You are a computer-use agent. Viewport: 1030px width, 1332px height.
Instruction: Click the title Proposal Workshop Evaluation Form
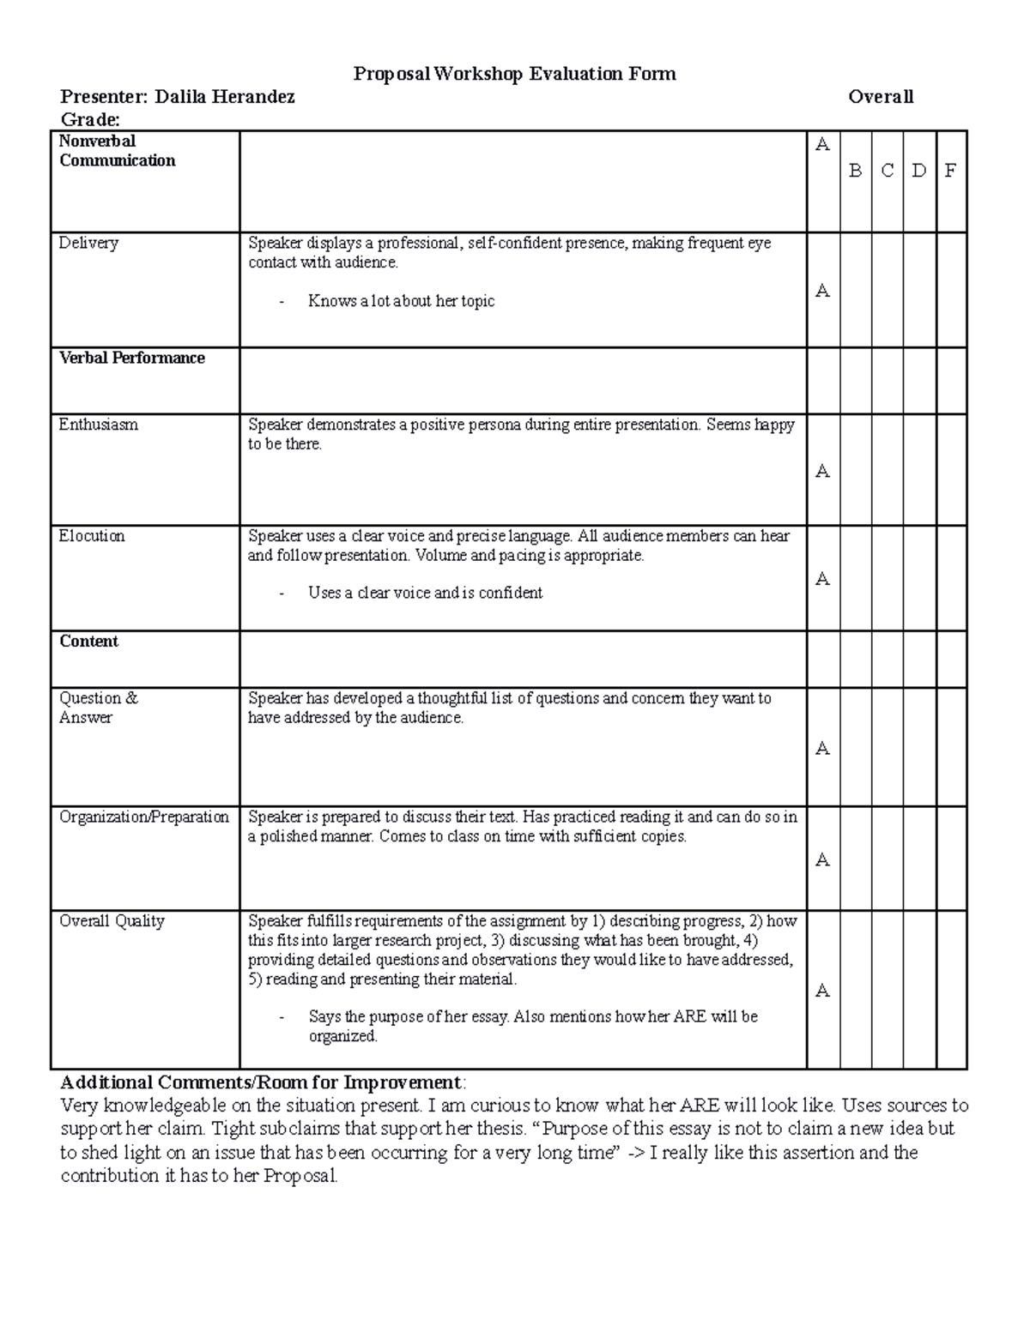pos(514,74)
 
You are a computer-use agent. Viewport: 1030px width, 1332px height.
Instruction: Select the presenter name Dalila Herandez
pos(224,97)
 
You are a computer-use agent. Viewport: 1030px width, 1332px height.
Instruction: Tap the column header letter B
pos(855,171)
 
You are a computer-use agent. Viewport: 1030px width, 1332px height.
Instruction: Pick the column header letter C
pos(887,171)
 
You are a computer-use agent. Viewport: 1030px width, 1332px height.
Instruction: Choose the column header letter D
pos(918,171)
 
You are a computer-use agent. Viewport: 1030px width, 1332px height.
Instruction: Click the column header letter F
pos(949,171)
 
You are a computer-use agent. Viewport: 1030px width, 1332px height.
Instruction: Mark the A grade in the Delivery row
pos(822,291)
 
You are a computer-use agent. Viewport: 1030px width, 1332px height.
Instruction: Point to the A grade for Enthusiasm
pos(822,471)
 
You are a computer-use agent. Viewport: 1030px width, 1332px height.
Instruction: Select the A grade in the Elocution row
pos(822,579)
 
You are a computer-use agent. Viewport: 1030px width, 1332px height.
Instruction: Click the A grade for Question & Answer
pos(822,749)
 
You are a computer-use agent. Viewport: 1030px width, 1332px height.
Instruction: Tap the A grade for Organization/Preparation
pos(822,860)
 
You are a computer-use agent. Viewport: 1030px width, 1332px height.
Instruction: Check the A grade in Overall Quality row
pos(822,991)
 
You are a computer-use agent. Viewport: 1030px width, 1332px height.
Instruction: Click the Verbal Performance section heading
pos(131,358)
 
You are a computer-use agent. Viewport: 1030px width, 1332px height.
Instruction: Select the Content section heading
pos(88,642)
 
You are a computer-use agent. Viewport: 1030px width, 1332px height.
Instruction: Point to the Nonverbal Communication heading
pos(117,151)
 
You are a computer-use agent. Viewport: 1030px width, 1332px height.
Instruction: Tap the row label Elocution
pos(92,536)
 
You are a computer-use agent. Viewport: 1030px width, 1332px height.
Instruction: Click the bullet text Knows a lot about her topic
pos(401,301)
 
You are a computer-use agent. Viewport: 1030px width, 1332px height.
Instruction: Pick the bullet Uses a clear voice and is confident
pos(425,593)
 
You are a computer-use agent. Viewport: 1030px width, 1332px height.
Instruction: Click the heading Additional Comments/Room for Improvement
pos(260,1082)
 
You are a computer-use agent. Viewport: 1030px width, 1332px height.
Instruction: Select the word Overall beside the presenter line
pos(881,97)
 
